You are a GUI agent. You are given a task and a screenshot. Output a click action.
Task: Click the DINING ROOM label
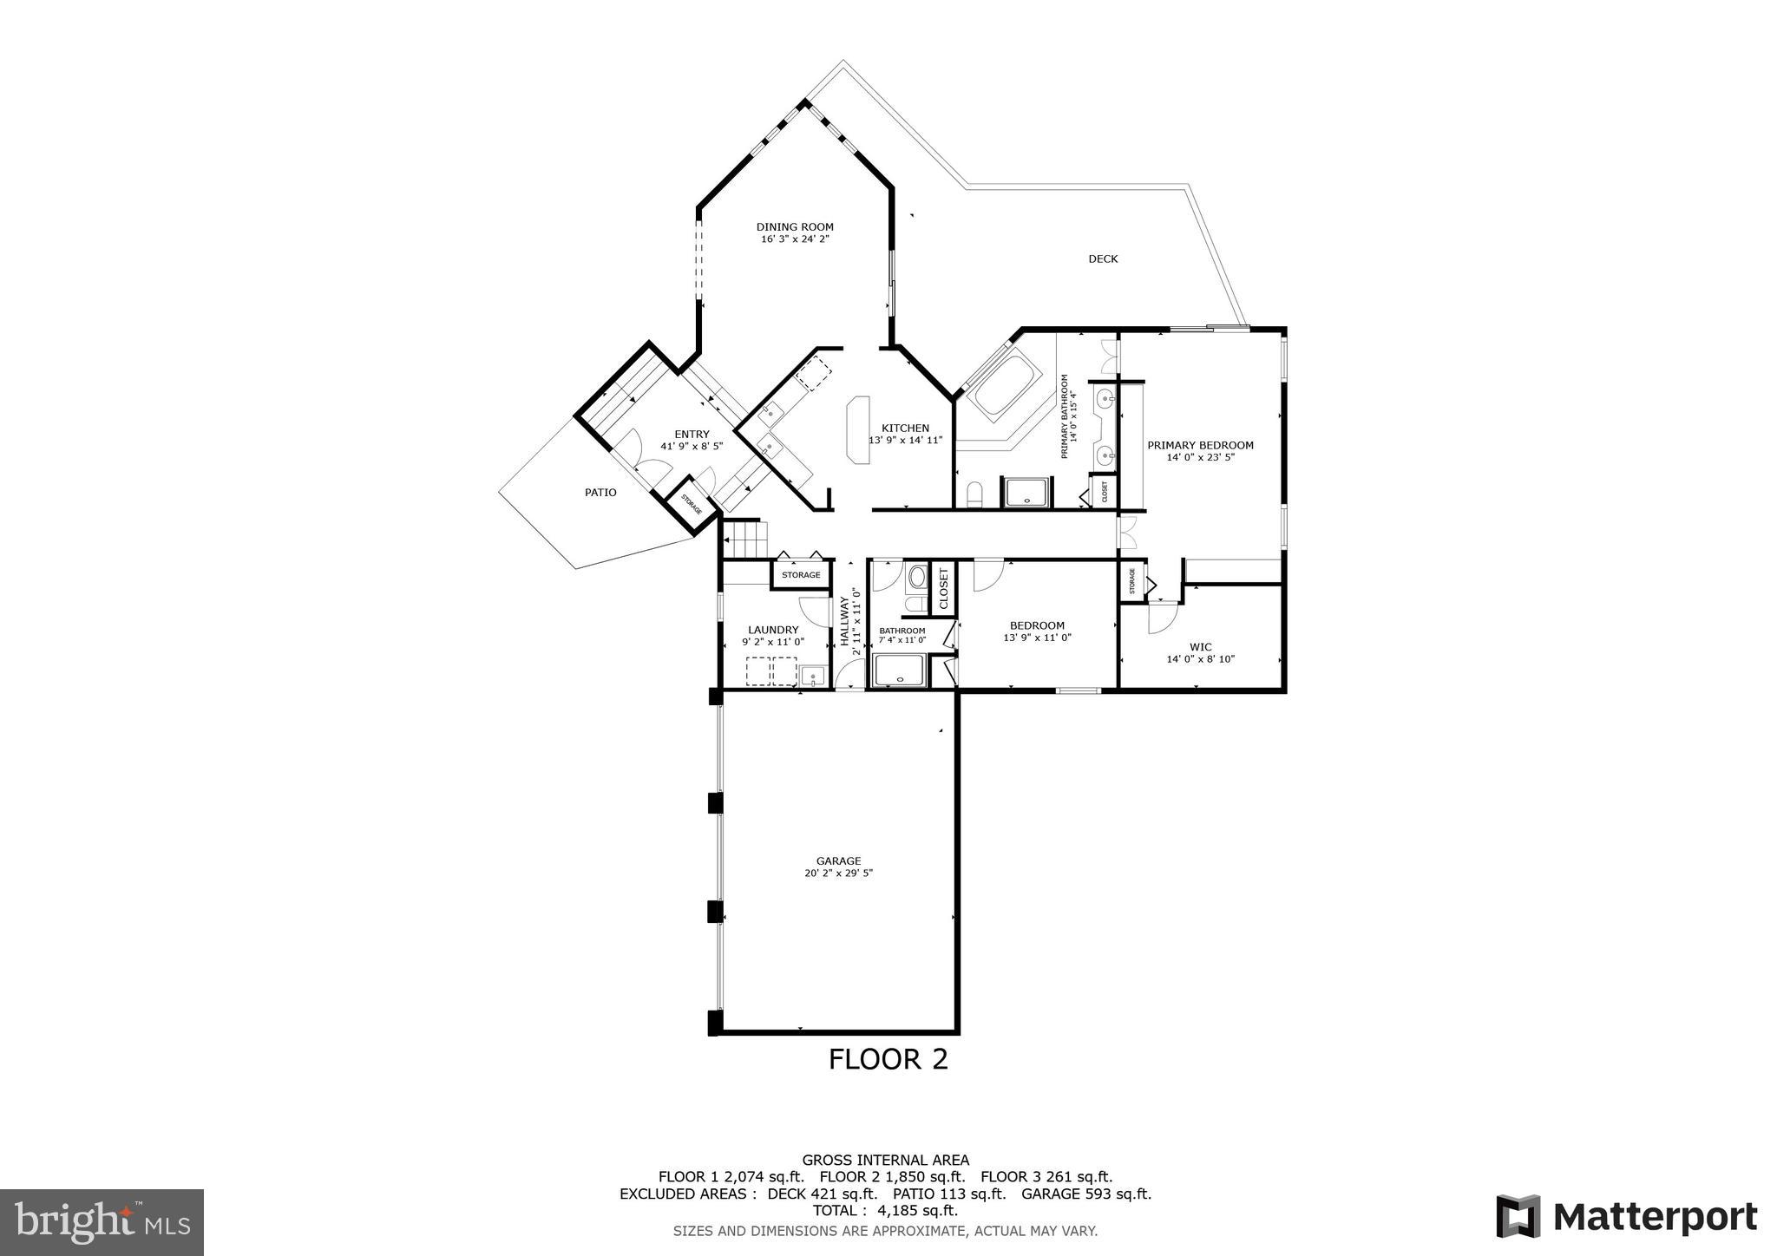(x=795, y=227)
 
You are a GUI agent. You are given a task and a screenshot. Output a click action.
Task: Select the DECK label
(x=1103, y=258)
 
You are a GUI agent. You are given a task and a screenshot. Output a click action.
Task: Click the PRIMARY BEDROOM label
(x=1200, y=445)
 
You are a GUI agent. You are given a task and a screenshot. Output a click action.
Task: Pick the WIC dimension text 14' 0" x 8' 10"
(x=1200, y=659)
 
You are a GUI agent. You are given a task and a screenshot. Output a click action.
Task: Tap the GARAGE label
(x=838, y=860)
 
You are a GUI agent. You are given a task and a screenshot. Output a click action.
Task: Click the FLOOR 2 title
(x=888, y=1059)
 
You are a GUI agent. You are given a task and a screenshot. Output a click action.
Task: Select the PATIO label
(x=600, y=493)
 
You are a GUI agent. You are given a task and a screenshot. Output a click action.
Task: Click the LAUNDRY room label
(x=773, y=630)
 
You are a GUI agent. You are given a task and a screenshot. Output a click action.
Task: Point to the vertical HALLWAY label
(x=844, y=620)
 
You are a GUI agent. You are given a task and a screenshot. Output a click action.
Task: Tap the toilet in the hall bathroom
(x=917, y=578)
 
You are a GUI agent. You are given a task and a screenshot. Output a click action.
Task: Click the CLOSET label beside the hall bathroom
(x=944, y=588)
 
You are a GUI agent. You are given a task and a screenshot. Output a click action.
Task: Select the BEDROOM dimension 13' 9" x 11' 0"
(x=1037, y=638)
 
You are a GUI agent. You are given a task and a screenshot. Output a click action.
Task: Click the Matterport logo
(x=1627, y=1217)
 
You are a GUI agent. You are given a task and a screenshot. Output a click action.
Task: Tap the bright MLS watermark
(x=102, y=1222)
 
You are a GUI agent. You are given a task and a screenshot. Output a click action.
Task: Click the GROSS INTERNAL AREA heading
(x=885, y=1160)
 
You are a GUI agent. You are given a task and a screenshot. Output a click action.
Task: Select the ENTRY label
(x=692, y=435)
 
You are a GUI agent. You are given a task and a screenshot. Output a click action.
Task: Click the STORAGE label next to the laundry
(x=801, y=575)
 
